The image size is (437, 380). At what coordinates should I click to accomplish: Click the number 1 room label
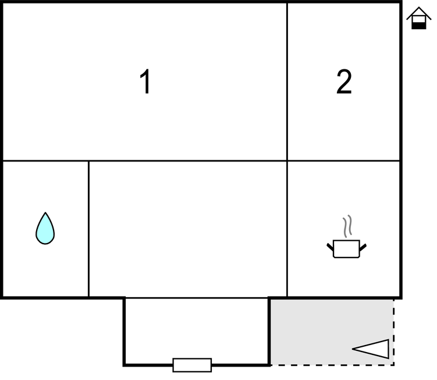[x=145, y=82]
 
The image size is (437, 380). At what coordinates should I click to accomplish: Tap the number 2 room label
[x=344, y=82]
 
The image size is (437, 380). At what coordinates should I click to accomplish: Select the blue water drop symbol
[x=45, y=228]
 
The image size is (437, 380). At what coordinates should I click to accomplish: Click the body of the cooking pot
[x=346, y=249]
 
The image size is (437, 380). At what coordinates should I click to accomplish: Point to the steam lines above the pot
[x=347, y=226]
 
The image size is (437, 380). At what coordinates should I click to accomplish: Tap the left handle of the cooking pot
[x=330, y=247]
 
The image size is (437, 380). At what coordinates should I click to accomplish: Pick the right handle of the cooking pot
[x=363, y=247]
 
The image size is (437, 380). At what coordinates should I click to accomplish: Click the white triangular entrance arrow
[x=371, y=349]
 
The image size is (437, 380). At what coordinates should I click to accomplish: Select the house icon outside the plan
[x=418, y=18]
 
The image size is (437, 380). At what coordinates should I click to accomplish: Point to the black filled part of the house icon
[x=419, y=26]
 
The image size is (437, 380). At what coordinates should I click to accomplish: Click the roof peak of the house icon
[x=419, y=8]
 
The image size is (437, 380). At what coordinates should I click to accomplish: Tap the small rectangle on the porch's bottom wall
[x=192, y=365]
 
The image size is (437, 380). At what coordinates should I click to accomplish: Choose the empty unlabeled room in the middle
[x=188, y=229]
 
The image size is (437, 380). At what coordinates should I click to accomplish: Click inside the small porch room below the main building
[x=197, y=331]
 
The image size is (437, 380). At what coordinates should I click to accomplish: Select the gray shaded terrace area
[x=332, y=332]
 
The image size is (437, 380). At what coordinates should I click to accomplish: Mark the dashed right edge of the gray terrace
[x=393, y=332]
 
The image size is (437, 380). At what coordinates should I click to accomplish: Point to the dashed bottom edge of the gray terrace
[x=332, y=365]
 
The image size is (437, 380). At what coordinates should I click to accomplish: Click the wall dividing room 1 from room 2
[x=287, y=82]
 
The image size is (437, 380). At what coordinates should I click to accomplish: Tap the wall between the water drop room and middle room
[x=88, y=229]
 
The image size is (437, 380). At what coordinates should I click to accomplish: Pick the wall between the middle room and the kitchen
[x=287, y=229]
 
